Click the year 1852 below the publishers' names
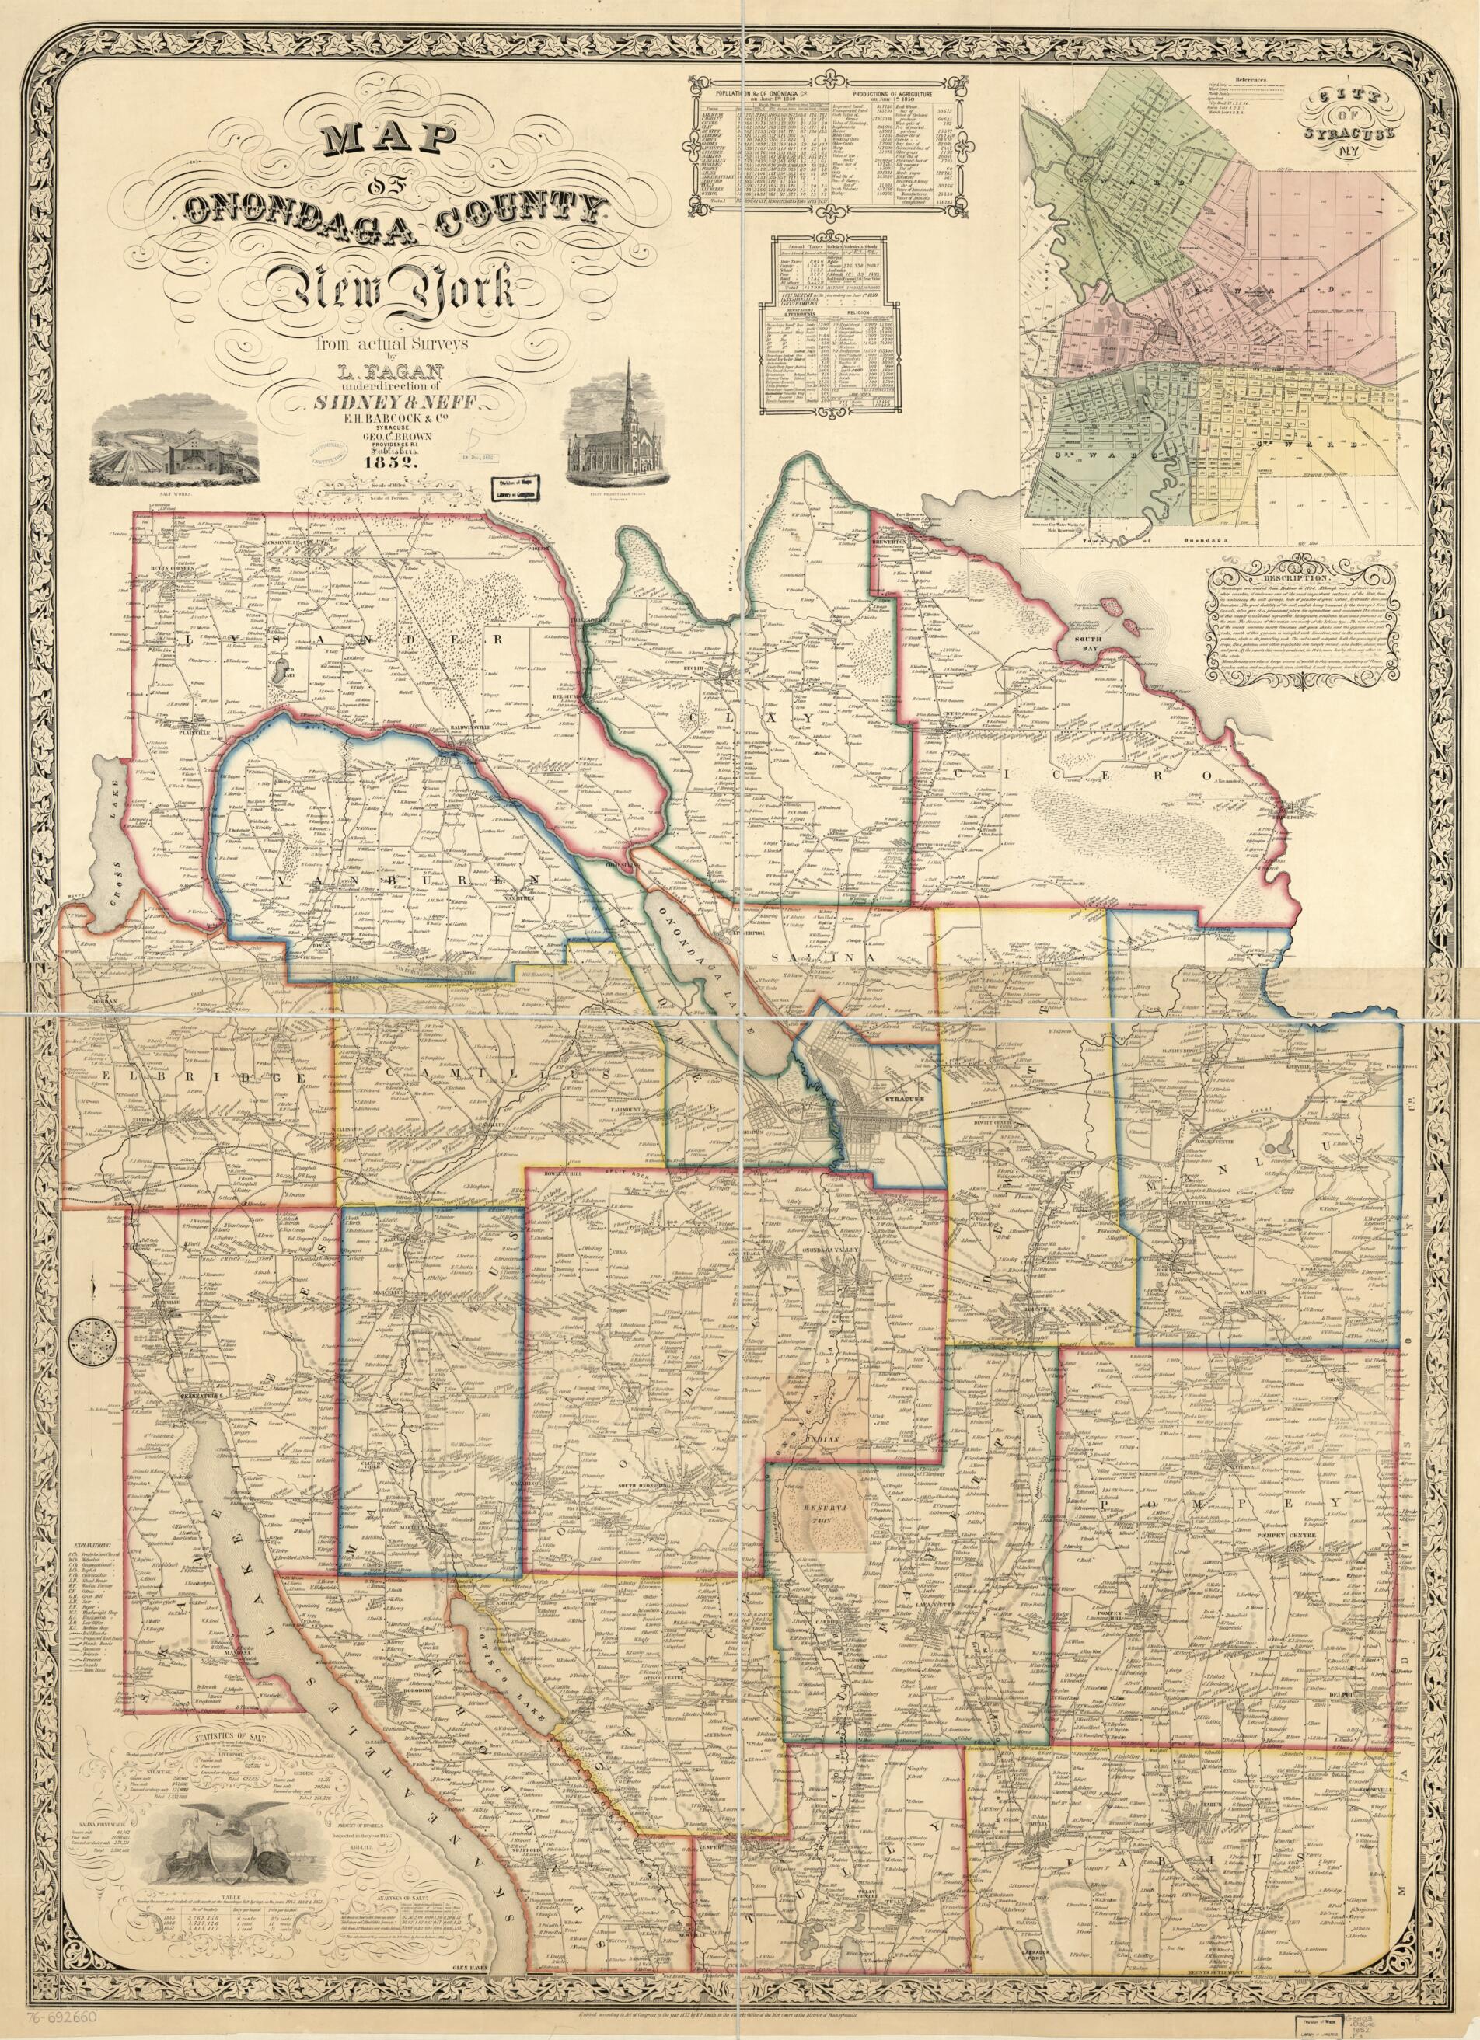coord(389,463)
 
